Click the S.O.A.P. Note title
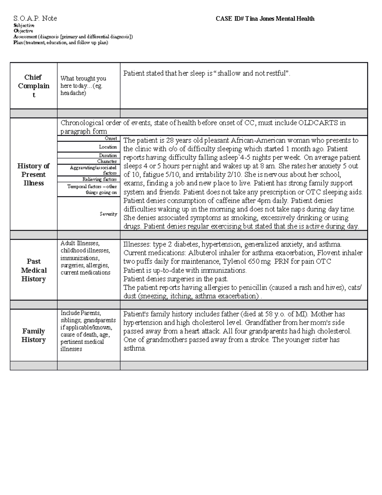(35, 18)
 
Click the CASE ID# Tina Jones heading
(265, 19)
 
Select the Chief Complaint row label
(33, 86)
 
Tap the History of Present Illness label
(33, 174)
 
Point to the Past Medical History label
(33, 270)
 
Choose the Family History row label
(33, 335)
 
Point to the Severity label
(108, 214)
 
